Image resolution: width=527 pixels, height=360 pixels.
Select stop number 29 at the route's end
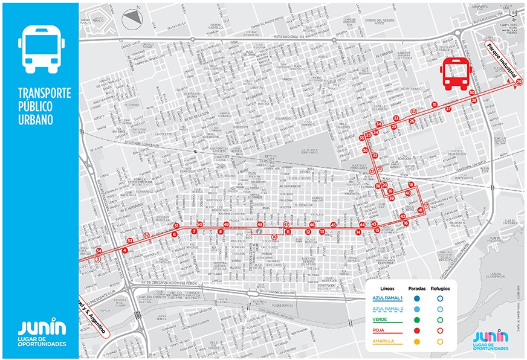[x=520, y=82]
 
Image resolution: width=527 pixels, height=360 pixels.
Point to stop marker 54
[x=99, y=251]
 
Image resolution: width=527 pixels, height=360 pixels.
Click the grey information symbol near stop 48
[x=259, y=231]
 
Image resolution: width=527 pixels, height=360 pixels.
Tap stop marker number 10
[x=274, y=237]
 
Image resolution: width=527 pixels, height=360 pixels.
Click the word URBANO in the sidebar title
[x=36, y=120]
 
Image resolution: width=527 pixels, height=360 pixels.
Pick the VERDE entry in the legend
[x=380, y=320]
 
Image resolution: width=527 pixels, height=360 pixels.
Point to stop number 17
[x=425, y=205]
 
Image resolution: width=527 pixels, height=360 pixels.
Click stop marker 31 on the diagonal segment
[x=435, y=105]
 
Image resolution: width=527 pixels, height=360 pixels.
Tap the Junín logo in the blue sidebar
[x=40, y=332]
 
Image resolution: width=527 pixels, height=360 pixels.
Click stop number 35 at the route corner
[x=362, y=138]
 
